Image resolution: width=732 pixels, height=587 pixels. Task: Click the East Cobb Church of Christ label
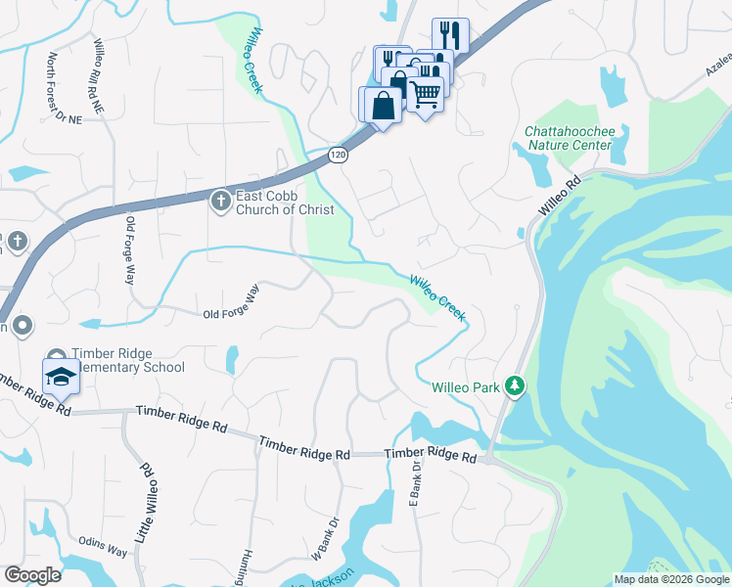[284, 203]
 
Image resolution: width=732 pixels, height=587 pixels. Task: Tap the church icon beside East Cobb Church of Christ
[220, 202]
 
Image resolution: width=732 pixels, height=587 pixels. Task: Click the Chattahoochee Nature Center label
[568, 138]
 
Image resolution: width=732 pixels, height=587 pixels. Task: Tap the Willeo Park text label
[465, 386]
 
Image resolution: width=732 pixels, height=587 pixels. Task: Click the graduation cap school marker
[60, 376]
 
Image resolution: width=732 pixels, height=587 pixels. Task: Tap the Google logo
[32, 575]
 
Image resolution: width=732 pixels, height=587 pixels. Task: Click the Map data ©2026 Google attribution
[671, 579]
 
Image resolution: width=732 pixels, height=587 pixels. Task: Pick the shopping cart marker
[425, 95]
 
